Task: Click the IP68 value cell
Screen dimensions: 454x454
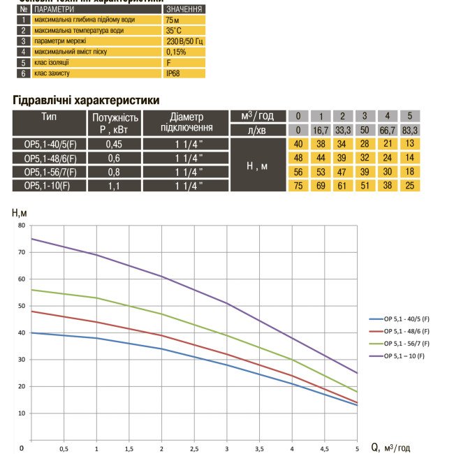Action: [184, 73]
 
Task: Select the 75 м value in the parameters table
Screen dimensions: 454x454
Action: [184, 20]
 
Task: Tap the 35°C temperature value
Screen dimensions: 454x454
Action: [184, 31]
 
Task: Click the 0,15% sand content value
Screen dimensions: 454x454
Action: [184, 52]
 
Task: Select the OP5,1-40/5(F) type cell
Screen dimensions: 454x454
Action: [50, 144]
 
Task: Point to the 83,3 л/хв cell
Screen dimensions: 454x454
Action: [411, 130]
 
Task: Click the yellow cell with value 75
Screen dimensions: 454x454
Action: [298, 185]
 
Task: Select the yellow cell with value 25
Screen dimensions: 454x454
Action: [411, 185]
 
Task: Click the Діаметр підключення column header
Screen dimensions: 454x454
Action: [186, 122]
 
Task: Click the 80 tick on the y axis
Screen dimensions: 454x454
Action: [21, 226]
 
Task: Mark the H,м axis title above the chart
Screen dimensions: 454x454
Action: [20, 212]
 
